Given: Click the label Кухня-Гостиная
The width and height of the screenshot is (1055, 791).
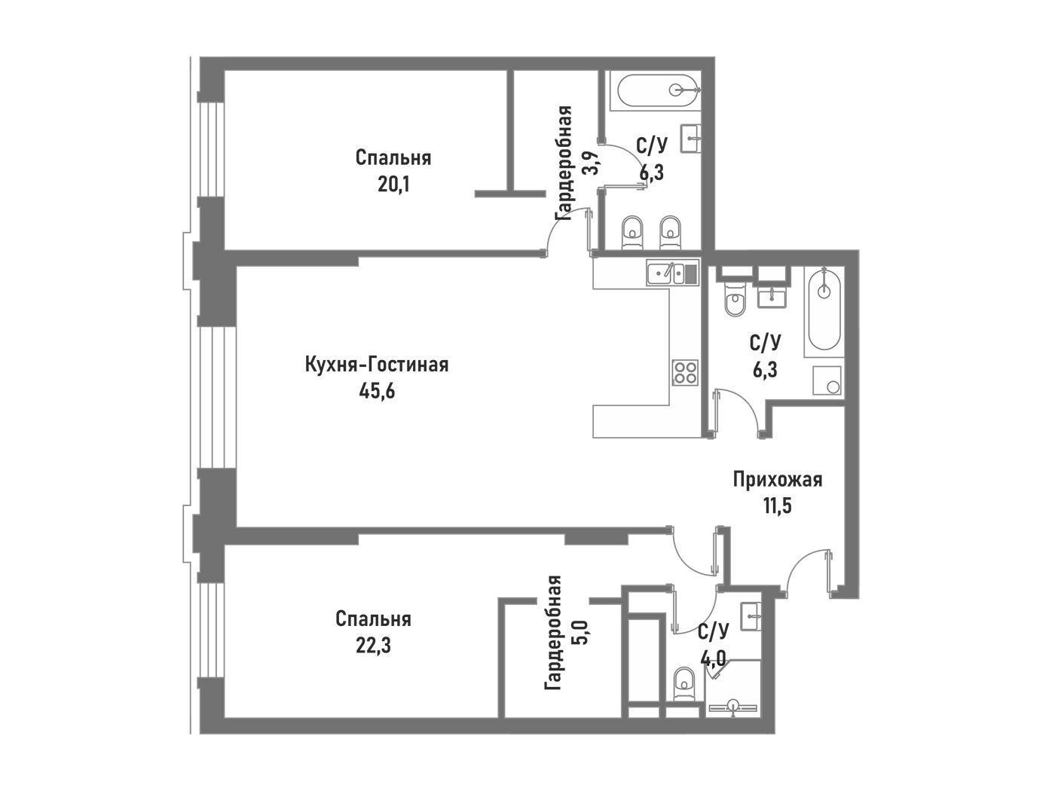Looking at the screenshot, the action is pos(377,365).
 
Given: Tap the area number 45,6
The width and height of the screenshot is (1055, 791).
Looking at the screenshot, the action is pos(377,392).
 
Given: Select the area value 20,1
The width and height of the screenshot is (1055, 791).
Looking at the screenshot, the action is pos(393,185).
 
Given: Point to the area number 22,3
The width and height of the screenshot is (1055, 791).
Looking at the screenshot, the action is pos(373,646).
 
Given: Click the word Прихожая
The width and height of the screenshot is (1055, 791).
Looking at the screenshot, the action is pos(777,479).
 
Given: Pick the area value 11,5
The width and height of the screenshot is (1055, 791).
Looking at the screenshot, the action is pos(777,505).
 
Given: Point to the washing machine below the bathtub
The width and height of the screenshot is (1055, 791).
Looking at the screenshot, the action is pos(827,380).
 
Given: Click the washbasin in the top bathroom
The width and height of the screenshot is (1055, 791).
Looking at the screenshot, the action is pos(691,139).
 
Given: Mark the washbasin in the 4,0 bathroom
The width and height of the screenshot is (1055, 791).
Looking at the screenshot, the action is pos(751,616).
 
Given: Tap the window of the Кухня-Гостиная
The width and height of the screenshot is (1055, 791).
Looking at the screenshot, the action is pos(218,398).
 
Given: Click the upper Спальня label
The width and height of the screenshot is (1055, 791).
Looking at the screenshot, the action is pos(393,157).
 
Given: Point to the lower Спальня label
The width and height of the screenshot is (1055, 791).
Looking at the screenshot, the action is pos(373,619).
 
